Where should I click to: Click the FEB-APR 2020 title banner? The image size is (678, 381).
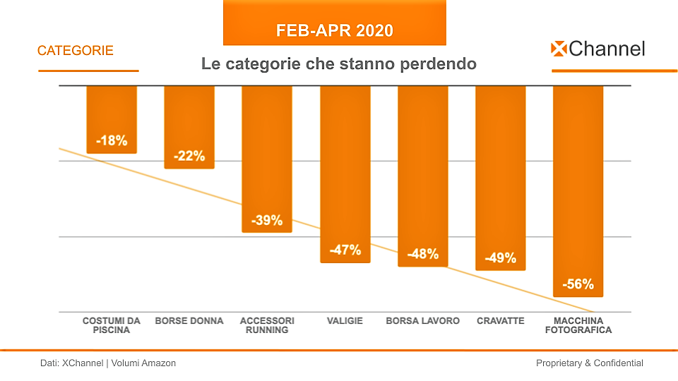point(334,31)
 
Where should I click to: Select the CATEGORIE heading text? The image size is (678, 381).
point(76,51)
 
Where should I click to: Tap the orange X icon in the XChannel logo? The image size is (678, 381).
point(559,49)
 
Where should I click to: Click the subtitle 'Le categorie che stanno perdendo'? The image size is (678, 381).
point(339,64)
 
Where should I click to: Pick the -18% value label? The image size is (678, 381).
point(112,140)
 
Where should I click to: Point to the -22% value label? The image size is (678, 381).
point(189,155)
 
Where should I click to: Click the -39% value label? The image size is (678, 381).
point(267,220)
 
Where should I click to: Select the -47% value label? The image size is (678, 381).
point(345,250)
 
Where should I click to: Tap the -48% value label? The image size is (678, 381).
point(422,254)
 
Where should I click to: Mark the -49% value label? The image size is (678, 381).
point(500,258)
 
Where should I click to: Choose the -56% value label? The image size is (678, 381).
point(578,285)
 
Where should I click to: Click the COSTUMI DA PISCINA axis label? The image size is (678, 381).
point(112,325)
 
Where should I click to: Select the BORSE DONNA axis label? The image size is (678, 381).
point(189,321)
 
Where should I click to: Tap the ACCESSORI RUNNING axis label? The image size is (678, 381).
point(267,325)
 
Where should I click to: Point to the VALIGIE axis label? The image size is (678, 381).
point(345,321)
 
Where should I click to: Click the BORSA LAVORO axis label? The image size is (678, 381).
point(422,321)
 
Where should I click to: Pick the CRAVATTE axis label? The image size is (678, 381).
point(500,321)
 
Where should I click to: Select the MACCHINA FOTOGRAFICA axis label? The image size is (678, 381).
point(578,325)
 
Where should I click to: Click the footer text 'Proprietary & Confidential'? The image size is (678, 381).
point(590,363)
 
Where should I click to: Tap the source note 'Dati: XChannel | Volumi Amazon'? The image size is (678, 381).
point(107,363)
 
